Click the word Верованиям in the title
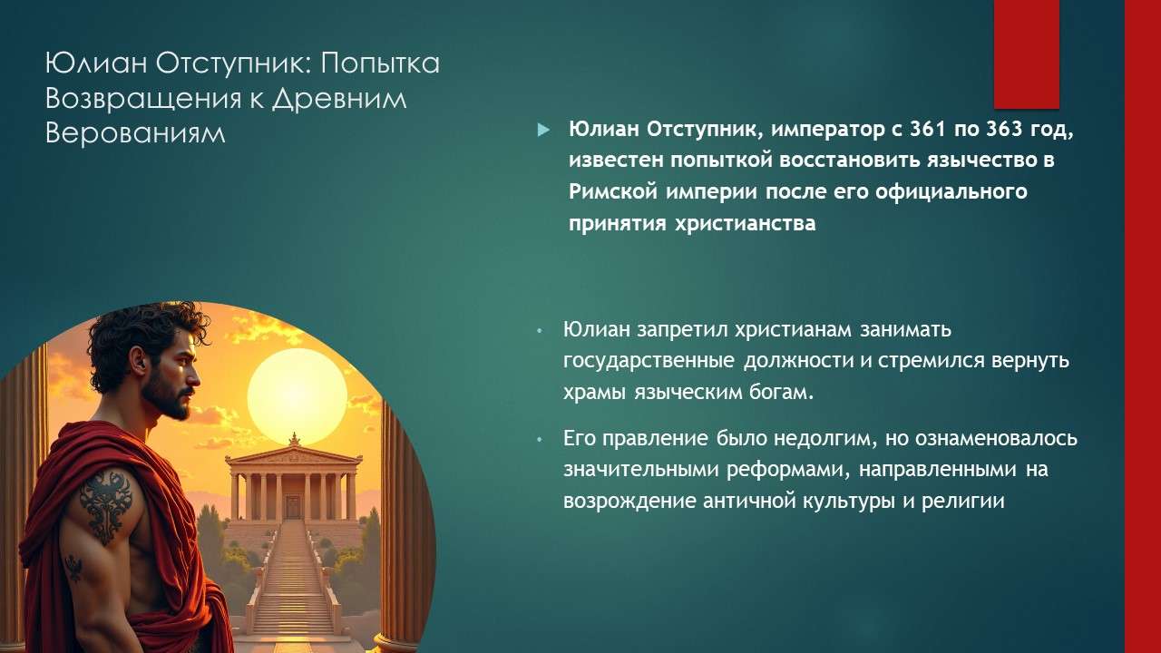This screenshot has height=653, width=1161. [x=134, y=132]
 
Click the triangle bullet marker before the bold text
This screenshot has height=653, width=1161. [x=543, y=130]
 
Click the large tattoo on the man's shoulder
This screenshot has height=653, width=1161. [x=105, y=503]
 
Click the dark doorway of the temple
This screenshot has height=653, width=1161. [x=293, y=506]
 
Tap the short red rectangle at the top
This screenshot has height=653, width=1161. [x=1027, y=53]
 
